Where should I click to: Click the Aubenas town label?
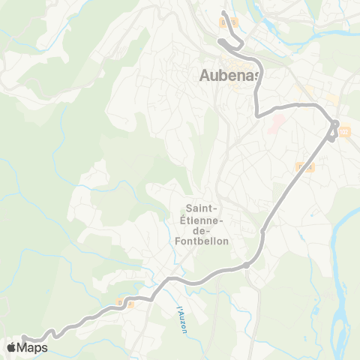point(229,75)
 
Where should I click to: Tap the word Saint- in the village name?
point(201,208)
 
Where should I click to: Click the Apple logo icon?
point(11,347)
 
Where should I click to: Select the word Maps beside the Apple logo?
point(32,347)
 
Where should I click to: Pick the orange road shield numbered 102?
point(344,132)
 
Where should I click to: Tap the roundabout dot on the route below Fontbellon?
point(246,265)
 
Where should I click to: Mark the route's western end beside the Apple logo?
point(23,338)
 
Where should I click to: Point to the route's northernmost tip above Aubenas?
point(224,13)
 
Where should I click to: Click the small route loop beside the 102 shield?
point(334,129)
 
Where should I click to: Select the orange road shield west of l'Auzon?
point(124,304)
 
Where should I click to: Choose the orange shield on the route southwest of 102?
point(304,166)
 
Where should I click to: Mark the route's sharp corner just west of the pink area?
point(257,115)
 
